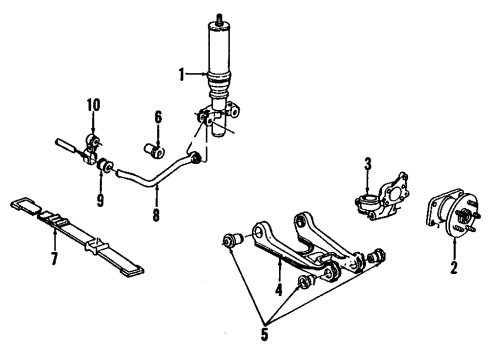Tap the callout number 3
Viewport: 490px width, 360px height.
(x=368, y=163)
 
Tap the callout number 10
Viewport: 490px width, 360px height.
(x=93, y=105)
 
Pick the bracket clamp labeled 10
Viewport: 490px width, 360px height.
(x=95, y=143)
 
